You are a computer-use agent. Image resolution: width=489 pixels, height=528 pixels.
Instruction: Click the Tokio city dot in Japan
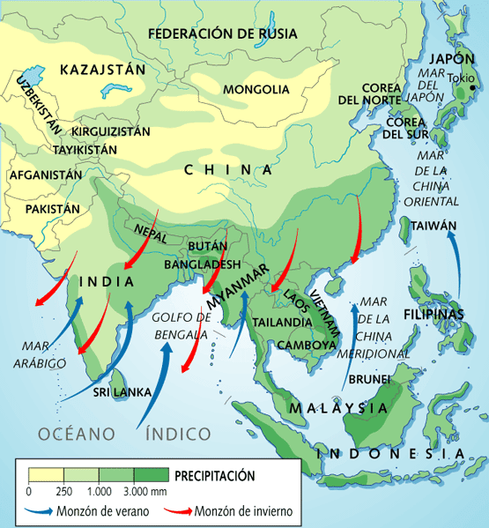pyautogui.click(x=473, y=87)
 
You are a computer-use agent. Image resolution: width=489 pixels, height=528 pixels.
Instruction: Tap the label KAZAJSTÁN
pyautogui.click(x=96, y=69)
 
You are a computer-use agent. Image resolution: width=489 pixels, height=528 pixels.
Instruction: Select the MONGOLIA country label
pyautogui.click(x=256, y=89)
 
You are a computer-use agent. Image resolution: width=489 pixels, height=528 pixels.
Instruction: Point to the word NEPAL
pyautogui.click(x=151, y=232)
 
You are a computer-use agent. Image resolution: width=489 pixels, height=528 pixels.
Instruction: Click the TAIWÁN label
pyautogui.click(x=433, y=225)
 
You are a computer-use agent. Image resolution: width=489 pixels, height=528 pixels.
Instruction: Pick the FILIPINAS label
pyautogui.click(x=433, y=315)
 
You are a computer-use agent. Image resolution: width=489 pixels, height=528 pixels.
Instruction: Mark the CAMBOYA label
pyautogui.click(x=307, y=344)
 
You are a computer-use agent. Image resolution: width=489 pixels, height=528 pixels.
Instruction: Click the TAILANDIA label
pyautogui.click(x=280, y=322)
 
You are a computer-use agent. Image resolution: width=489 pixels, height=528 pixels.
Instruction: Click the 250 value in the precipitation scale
pyautogui.click(x=63, y=491)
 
